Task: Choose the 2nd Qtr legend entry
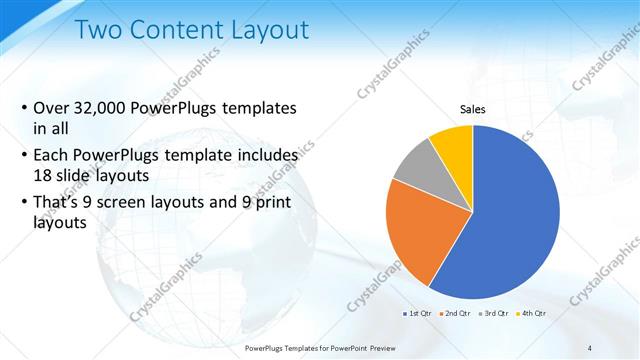pyautogui.click(x=458, y=313)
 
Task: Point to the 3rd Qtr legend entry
pyautogui.click(x=497, y=313)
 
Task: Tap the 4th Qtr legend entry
pyautogui.click(x=534, y=313)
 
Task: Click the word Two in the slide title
pyautogui.click(x=100, y=31)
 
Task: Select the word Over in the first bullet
pyautogui.click(x=52, y=108)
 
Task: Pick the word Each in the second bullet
pyautogui.click(x=52, y=156)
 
